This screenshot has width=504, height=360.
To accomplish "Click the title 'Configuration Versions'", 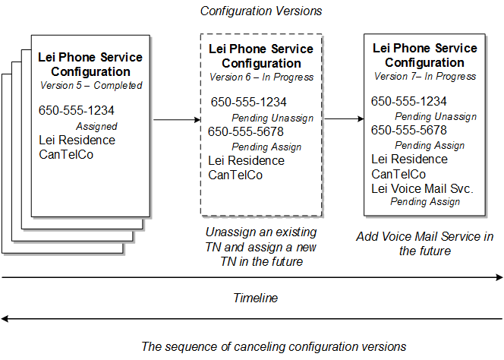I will (260, 11).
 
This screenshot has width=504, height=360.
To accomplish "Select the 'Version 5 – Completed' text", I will (90, 85).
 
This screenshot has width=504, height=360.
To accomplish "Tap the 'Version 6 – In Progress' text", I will (261, 77).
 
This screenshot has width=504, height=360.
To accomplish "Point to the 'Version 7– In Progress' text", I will (425, 77).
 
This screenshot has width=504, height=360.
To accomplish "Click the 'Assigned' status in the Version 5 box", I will (96, 127).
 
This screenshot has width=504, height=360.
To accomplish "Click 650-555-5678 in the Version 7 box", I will (409, 131).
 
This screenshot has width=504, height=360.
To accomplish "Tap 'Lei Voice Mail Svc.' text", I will (422, 188).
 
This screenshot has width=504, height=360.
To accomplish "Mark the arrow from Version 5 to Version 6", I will (175, 119).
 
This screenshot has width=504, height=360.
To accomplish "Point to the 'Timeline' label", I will (255, 298).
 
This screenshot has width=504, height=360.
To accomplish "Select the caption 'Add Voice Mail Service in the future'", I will (424, 244).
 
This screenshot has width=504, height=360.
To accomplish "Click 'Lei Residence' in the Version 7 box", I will (409, 159).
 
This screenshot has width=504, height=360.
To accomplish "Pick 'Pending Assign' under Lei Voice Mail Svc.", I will (424, 202).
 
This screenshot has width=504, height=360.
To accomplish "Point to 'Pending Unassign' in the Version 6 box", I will (272, 118).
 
